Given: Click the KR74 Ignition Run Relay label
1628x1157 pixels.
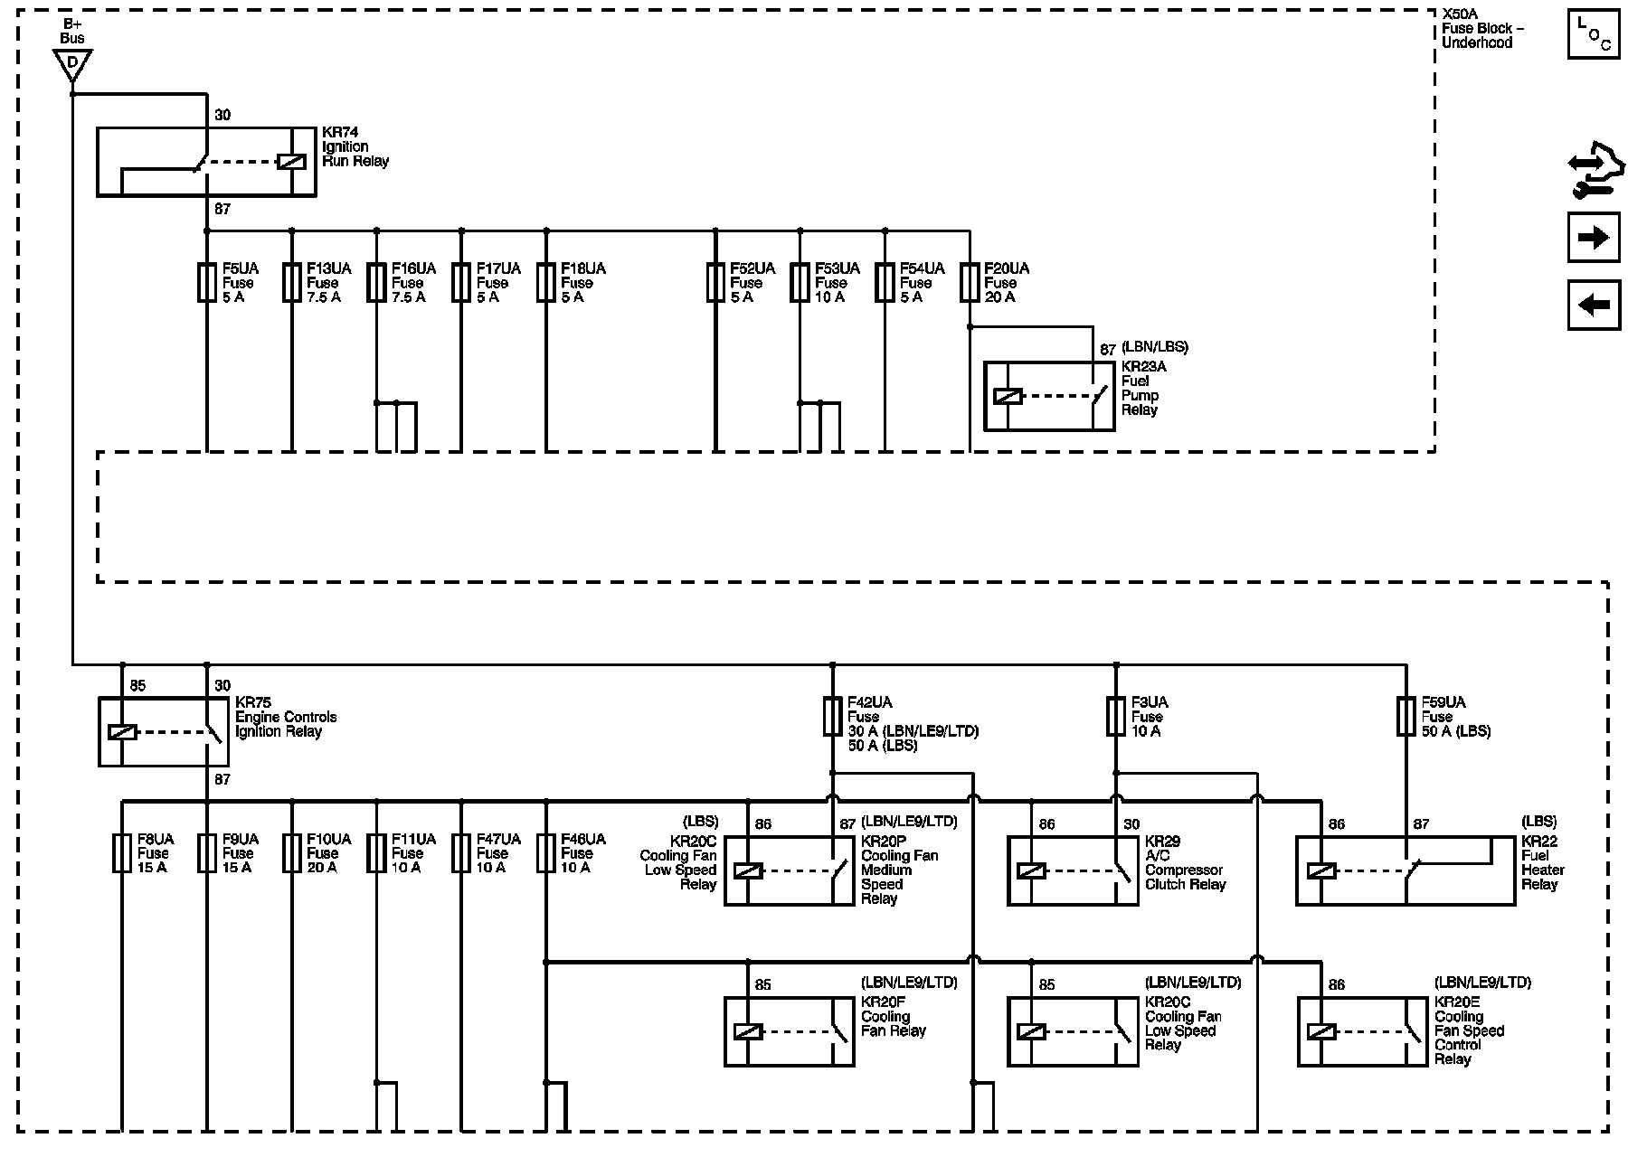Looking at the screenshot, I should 355,147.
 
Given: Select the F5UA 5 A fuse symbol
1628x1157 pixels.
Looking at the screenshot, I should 207,282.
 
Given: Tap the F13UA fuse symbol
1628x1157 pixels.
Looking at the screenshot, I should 292,282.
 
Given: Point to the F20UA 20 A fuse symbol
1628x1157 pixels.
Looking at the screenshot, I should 970,282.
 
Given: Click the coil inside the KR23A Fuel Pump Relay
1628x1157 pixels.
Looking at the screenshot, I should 1008,396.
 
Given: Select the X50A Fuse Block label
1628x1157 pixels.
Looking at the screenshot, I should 1482,29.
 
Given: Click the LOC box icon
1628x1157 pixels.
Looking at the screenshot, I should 1593,34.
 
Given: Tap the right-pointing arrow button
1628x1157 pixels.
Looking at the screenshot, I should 1593,238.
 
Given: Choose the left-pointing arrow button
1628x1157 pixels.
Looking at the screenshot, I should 1593,305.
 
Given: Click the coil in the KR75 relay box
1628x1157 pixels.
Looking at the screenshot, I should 122,732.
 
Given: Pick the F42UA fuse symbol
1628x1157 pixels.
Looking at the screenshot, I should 832,716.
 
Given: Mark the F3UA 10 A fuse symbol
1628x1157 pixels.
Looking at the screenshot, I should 1116,716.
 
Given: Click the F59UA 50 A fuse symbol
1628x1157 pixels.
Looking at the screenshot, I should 1406,716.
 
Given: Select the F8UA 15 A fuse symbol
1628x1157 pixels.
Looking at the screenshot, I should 122,853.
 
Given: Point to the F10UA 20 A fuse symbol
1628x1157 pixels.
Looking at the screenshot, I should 292,853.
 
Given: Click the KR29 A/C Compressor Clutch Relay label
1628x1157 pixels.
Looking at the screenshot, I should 1184,862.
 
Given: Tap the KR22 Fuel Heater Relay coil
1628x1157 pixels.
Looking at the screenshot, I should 1321,871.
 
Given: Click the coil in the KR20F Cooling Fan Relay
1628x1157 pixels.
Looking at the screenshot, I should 748,1031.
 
